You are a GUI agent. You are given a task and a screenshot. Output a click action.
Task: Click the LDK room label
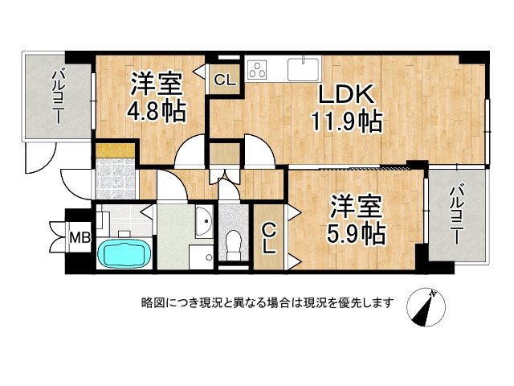tap(346, 95)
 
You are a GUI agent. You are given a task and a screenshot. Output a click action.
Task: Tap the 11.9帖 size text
tap(346, 122)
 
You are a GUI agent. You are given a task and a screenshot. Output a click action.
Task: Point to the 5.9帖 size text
tap(357, 233)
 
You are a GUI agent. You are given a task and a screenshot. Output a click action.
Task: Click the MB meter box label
tap(80, 237)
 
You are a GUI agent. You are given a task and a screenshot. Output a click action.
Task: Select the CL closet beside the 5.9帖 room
tap(268, 238)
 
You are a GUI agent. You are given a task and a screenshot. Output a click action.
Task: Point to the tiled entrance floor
tap(115, 179)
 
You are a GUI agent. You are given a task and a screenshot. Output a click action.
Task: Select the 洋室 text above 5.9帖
tap(357, 207)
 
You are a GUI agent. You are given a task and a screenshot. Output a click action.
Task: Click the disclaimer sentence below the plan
tap(267, 303)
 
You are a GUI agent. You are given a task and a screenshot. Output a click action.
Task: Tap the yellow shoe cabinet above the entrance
tap(115, 150)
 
